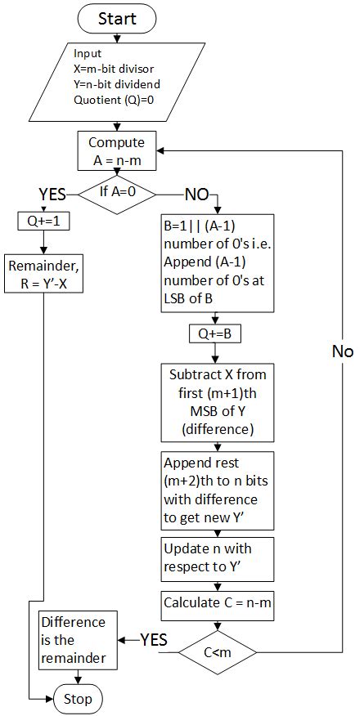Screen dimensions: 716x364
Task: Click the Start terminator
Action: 117,18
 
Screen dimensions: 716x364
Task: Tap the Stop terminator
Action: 79,699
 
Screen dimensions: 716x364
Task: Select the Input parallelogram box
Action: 117,83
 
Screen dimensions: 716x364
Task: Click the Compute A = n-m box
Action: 116,151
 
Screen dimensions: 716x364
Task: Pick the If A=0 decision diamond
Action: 117,195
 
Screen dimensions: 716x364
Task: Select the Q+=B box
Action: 216,334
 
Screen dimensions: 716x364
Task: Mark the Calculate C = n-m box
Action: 215,605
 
